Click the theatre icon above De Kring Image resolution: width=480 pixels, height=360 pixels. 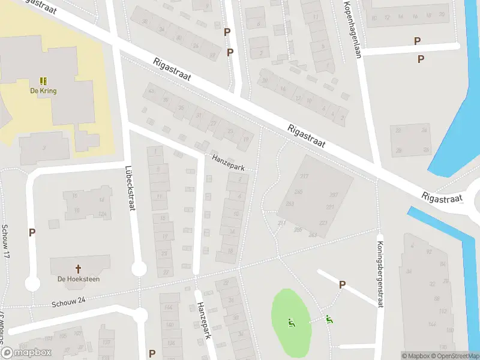43,80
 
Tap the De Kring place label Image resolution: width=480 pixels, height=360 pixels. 43,91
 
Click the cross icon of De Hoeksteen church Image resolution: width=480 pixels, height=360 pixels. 79,269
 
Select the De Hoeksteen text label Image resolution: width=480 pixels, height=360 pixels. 79,279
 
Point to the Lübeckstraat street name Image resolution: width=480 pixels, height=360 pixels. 128,188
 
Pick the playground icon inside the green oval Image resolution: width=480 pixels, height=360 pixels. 291,323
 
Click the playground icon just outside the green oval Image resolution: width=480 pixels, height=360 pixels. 328,320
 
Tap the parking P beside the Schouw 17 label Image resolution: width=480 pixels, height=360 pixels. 32,232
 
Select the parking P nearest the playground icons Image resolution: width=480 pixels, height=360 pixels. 342,284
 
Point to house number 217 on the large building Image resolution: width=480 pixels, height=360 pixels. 304,176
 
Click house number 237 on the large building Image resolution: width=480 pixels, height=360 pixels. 334,194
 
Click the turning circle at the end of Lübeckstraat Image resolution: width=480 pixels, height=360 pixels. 139,268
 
